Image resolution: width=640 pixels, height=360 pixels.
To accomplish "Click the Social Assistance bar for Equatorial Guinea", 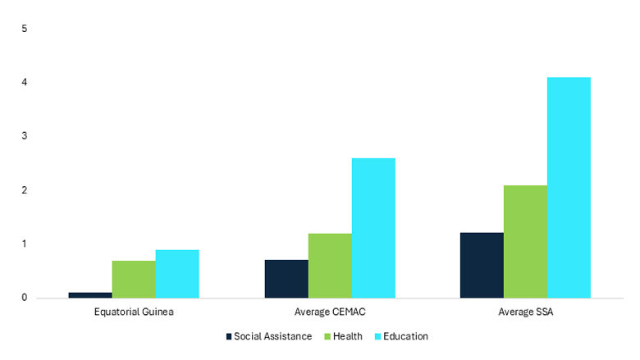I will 90,295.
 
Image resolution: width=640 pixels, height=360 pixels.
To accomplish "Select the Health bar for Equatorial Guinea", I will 134,280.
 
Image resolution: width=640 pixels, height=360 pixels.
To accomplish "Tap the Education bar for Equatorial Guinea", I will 177,274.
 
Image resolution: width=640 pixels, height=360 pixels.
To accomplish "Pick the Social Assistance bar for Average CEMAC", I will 286,279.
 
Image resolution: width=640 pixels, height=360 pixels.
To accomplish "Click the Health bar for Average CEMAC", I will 330,266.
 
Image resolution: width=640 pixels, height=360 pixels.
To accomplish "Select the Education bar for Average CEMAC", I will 373,228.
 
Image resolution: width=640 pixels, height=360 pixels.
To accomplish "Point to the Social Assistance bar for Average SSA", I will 482,265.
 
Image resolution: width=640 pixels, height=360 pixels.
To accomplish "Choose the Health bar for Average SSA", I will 525,242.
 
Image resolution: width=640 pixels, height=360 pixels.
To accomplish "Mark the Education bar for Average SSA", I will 569,188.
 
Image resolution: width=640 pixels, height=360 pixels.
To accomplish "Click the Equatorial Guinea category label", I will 134,312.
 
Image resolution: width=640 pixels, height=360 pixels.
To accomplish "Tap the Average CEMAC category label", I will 329,312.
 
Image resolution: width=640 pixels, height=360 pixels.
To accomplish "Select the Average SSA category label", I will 525,312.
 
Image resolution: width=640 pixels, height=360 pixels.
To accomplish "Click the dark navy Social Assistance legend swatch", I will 230,336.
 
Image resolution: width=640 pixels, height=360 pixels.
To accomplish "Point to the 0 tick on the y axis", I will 25,298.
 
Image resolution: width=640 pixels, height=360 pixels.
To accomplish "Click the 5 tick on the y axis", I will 25,29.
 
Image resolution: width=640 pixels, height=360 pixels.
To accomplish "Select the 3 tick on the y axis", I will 25,136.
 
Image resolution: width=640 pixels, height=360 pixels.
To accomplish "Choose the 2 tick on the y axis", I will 25,190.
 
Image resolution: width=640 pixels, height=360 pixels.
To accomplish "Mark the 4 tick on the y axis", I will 25,83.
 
